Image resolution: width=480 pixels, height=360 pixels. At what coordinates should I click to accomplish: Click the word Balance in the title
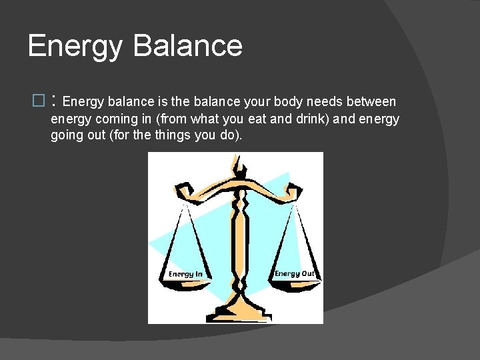coord(187,46)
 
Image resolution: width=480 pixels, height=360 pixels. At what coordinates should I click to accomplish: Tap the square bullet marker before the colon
coord(37,102)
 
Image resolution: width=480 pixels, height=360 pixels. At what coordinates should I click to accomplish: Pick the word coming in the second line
coord(113,119)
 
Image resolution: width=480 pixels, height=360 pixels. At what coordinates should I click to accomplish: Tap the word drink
coord(317,119)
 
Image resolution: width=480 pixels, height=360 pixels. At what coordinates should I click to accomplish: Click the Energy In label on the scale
coord(185,274)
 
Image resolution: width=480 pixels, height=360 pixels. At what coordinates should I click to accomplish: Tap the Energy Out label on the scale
coord(294,273)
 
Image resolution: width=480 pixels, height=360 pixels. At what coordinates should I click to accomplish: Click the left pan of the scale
coord(185,284)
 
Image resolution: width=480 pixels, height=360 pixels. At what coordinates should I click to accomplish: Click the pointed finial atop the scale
coord(235,161)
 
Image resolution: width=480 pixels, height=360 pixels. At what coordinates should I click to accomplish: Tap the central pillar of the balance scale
coord(237,247)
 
